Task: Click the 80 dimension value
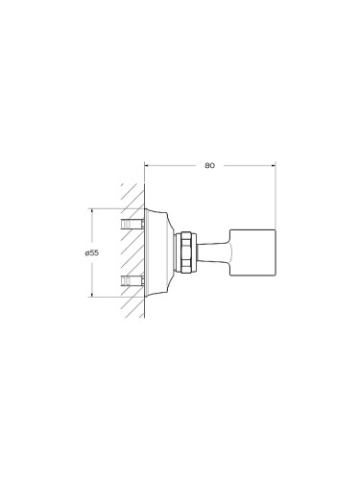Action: [x=209, y=165]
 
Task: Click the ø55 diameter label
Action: [x=92, y=252]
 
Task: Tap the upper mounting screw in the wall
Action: [x=132, y=224]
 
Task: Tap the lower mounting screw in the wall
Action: [x=132, y=280]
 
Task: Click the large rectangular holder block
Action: [x=252, y=252]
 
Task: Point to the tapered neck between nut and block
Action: [x=213, y=252]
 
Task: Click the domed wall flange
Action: [x=158, y=252]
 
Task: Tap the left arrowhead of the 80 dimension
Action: [x=147, y=165]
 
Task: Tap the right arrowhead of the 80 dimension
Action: [x=274, y=165]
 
